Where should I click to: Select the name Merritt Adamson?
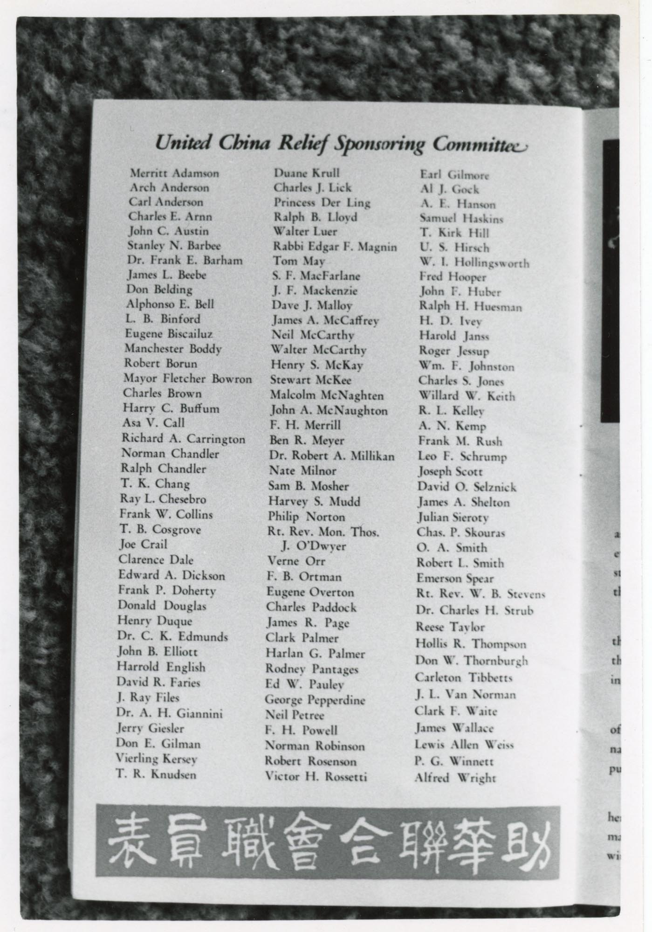(x=174, y=173)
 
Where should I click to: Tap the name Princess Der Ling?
(x=322, y=203)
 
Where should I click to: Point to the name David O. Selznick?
(x=467, y=487)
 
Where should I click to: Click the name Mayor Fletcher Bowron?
(x=187, y=379)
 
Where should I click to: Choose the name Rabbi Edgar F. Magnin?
(x=335, y=247)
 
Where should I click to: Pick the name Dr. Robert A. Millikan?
(x=332, y=456)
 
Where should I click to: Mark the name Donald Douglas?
(x=162, y=606)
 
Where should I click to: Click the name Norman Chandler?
(x=170, y=454)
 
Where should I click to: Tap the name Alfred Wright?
(x=455, y=778)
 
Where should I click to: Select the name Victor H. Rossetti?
(x=316, y=776)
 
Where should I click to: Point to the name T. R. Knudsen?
(x=156, y=774)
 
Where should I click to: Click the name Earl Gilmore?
(x=454, y=175)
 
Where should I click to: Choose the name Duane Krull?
(x=307, y=173)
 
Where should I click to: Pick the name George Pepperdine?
(x=315, y=700)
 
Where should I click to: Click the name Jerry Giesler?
(x=150, y=728)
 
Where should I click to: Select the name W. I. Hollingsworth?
(x=474, y=262)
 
